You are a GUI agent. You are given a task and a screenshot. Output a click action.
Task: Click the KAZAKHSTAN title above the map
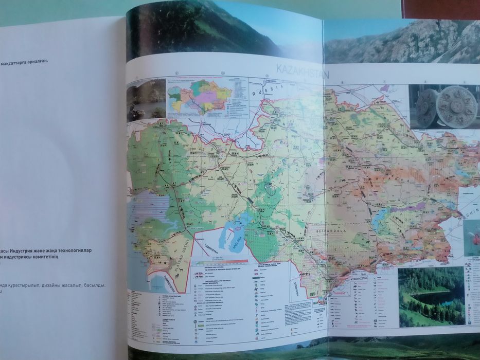[301, 70]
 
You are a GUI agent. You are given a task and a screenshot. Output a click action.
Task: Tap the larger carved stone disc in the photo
[455, 107]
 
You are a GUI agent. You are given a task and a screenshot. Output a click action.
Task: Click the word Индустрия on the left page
[33, 250]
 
